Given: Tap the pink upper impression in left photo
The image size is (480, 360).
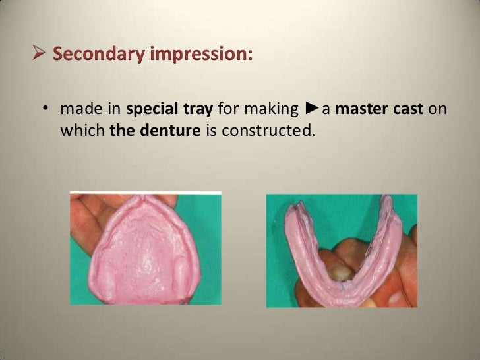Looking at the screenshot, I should click(145, 251).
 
